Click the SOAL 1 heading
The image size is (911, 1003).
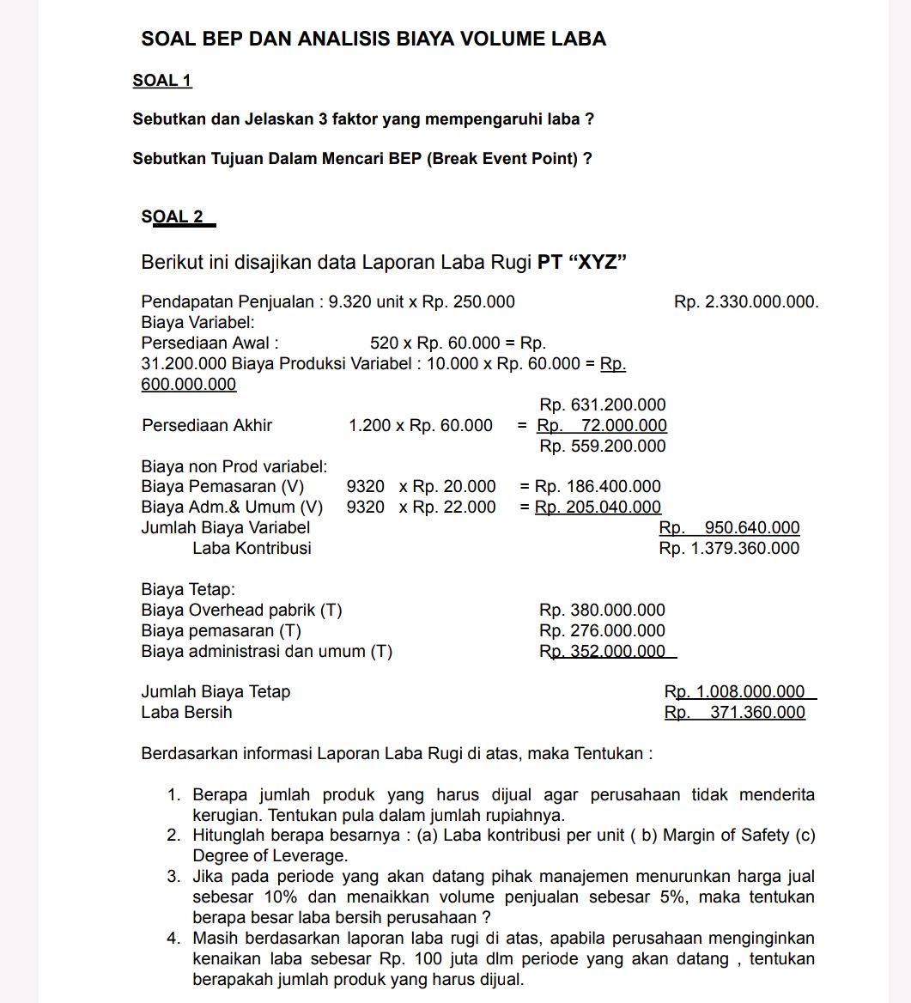(162, 81)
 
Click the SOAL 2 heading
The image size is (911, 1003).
(173, 216)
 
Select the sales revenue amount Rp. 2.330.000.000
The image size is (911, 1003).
(746, 302)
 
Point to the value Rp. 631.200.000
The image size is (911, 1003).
(602, 405)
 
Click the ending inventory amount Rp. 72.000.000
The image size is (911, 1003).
(602, 426)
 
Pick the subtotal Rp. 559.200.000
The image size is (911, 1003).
(602, 447)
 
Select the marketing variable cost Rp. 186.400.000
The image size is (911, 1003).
(598, 487)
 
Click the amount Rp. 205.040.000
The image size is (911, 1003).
(598, 508)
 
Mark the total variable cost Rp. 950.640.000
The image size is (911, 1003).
(729, 528)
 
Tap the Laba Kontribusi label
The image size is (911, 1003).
(252, 549)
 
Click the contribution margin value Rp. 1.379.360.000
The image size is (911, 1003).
(729, 549)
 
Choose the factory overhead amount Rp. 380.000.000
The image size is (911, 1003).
(602, 611)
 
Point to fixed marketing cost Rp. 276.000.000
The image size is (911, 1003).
(602, 631)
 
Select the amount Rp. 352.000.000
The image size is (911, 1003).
(602, 652)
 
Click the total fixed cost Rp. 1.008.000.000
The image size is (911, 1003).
(735, 692)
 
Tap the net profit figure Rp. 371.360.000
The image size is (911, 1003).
(735, 713)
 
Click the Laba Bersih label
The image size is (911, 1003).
(186, 713)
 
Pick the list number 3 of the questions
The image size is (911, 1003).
(173, 877)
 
